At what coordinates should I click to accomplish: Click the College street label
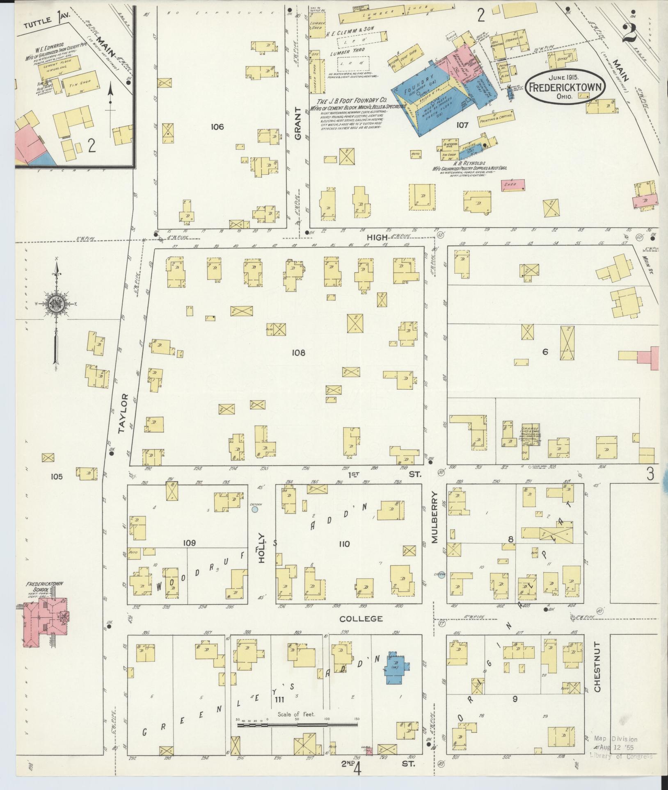[361, 619]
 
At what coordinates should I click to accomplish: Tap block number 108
[298, 352]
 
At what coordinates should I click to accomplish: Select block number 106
[217, 127]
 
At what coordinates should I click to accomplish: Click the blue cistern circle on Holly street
[255, 510]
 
